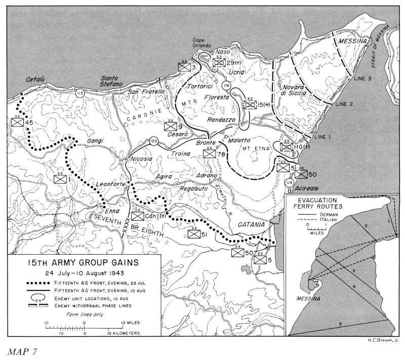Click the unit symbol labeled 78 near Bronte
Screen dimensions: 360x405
click(x=209, y=154)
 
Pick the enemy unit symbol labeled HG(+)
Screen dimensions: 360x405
click(x=287, y=147)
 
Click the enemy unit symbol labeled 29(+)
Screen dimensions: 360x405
click(x=219, y=63)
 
